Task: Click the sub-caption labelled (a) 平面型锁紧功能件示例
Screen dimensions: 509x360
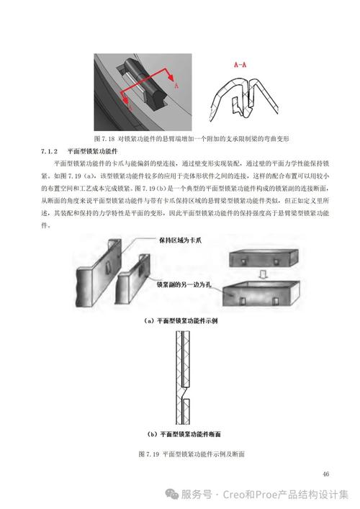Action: pyautogui.click(x=180, y=321)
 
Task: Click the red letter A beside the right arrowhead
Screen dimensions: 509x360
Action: pyautogui.click(x=176, y=84)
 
